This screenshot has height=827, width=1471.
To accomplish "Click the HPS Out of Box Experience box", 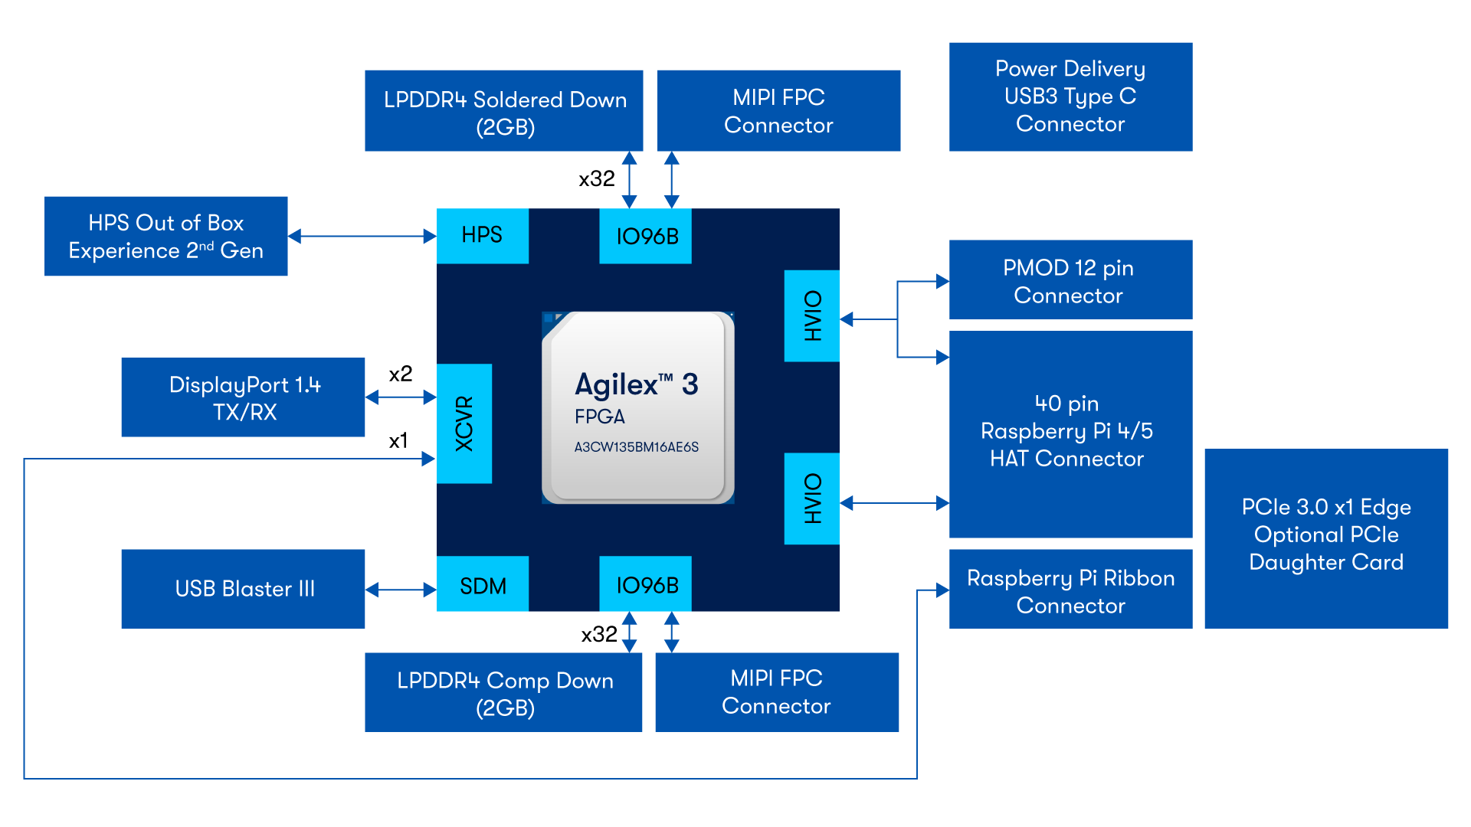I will point(165,236).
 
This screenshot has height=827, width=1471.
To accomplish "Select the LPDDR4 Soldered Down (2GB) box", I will point(504,111).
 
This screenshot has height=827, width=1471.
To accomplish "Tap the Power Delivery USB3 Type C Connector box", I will point(1070,96).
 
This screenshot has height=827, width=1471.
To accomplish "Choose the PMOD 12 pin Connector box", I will point(1070,279).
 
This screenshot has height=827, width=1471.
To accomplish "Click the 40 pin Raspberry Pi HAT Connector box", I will point(1070,433).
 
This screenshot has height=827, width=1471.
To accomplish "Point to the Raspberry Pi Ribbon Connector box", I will point(1070,590).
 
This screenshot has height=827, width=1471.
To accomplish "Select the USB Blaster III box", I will point(243,589).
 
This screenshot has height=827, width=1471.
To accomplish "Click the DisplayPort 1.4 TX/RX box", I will point(243,397).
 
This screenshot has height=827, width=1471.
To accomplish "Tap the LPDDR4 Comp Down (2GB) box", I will point(503,692).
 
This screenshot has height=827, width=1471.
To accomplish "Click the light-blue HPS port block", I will point(483,235).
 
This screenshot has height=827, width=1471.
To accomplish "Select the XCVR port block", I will point(464,423).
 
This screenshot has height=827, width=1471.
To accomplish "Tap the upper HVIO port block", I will point(812,315).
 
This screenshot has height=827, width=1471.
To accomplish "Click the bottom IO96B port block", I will point(646,584).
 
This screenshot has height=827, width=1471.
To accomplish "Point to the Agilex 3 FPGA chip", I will point(637,407).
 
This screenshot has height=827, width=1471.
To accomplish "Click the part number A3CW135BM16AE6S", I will point(637,447).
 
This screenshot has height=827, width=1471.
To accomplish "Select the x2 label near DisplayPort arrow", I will point(400,374).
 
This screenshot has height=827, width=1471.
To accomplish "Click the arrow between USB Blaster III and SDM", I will point(401,590).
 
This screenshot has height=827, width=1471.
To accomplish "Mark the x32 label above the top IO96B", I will point(596,179).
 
